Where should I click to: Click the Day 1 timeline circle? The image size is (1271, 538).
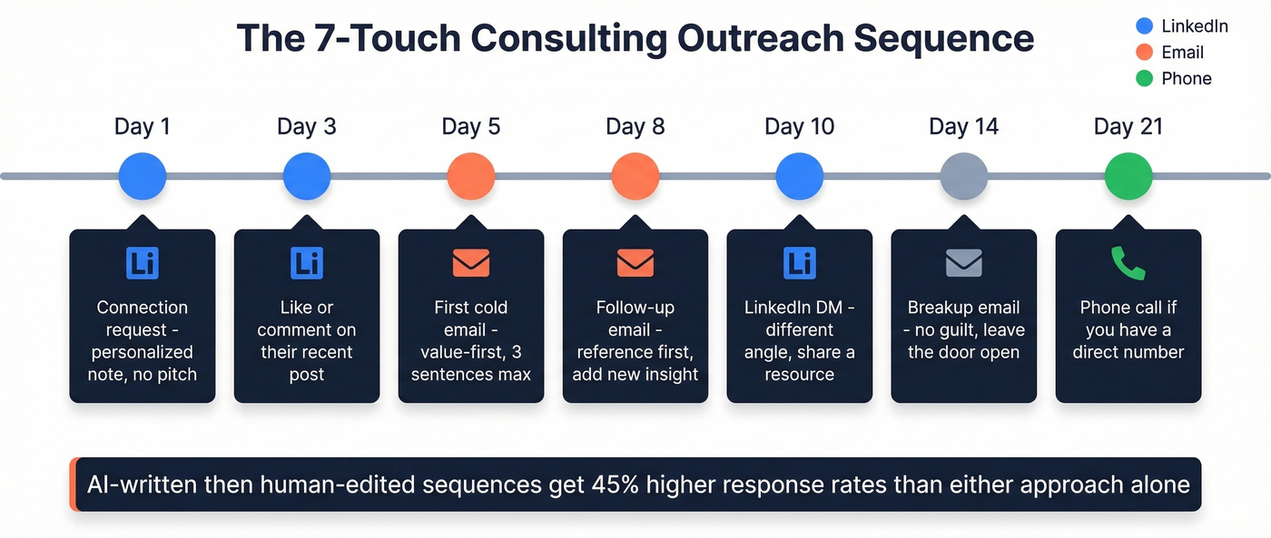[x=143, y=176]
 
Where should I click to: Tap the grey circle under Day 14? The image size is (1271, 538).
[x=963, y=176]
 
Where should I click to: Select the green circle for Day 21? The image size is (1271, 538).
[x=1128, y=176]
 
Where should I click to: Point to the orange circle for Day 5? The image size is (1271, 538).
[x=471, y=176]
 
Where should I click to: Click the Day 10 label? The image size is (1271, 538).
[x=799, y=126]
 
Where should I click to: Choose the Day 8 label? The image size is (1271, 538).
[x=635, y=126]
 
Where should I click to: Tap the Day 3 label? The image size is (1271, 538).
[x=306, y=126]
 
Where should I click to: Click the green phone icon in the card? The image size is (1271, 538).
[x=1128, y=263]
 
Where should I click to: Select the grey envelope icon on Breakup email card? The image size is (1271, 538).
[x=963, y=263]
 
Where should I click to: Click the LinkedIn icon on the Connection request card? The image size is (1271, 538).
[x=143, y=263]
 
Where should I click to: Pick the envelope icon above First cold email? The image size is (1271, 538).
[x=471, y=263]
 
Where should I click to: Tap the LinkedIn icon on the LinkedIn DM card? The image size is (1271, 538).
[x=799, y=263]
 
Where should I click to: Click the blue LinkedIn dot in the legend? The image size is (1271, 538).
[x=1144, y=26]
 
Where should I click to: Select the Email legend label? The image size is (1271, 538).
[x=1182, y=53]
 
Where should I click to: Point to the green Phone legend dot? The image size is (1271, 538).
[x=1144, y=79]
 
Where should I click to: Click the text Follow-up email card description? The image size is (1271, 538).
[x=635, y=341]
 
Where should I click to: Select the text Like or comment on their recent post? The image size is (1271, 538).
[x=306, y=341]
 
